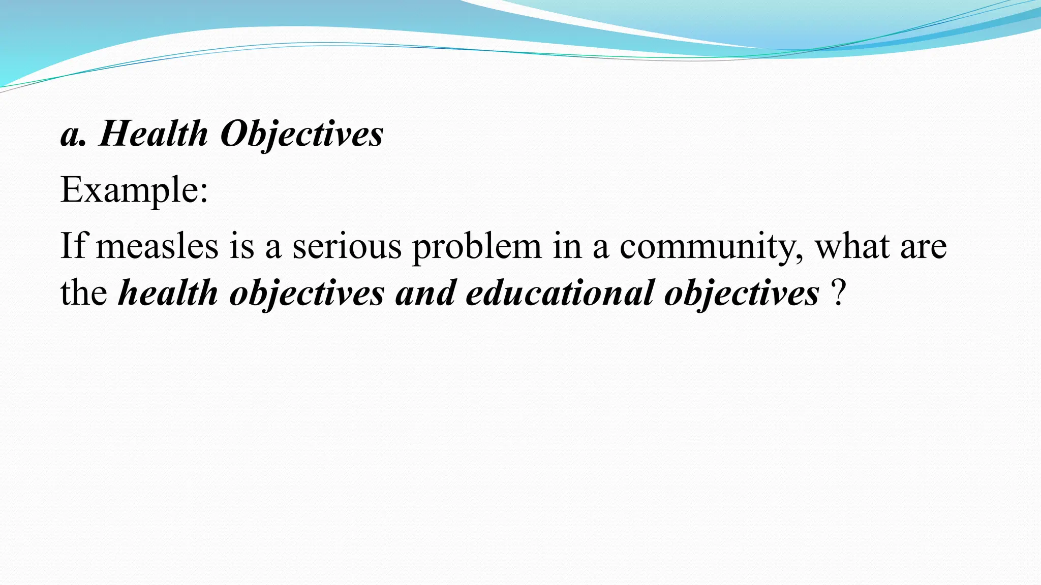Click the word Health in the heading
pos(154,135)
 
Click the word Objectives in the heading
pos(301,135)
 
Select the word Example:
pos(134,190)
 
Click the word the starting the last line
pos(84,294)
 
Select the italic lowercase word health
pos(168,294)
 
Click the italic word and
pos(425,294)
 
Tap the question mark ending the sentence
pos(839,294)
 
